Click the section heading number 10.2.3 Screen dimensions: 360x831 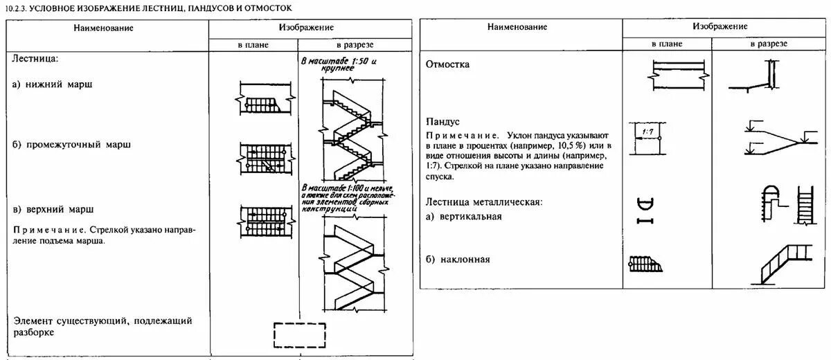point(15,8)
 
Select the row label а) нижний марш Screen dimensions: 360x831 point(53,84)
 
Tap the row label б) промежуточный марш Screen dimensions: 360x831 point(72,145)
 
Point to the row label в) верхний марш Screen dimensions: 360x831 point(53,208)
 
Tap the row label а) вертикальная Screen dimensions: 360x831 point(463,216)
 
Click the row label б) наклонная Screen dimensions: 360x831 point(458,260)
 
